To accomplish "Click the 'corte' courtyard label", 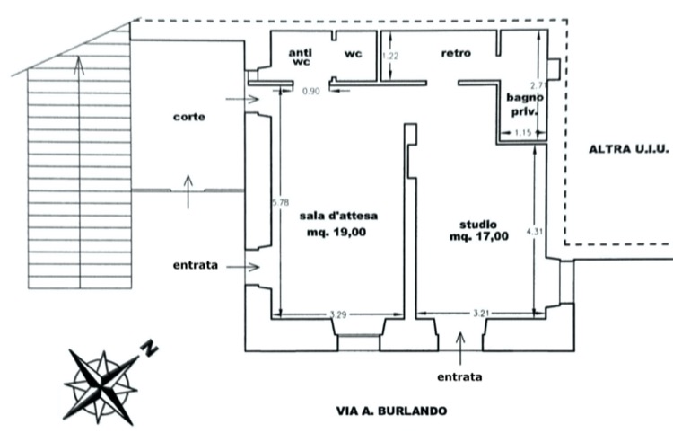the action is (188, 117).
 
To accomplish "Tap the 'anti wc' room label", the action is (301, 57).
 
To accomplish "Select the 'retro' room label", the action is (456, 53).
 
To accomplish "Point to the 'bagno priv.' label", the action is (525, 104).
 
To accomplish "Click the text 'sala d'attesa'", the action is (338, 216).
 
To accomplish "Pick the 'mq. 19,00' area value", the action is (336, 233).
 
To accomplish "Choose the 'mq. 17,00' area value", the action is (479, 236).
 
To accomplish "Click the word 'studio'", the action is (478, 225).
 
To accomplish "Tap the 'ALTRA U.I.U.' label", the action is (629, 149).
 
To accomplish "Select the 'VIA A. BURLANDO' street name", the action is (391, 411).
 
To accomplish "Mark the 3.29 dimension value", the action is (338, 315).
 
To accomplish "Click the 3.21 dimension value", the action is (481, 314).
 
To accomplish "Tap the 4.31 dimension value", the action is (535, 232).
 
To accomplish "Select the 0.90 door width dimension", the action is (311, 91).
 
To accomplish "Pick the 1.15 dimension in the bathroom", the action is (523, 133).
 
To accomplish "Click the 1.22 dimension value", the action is (390, 57).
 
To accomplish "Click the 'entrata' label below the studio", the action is (459, 377).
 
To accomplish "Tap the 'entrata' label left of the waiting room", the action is (196, 266).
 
